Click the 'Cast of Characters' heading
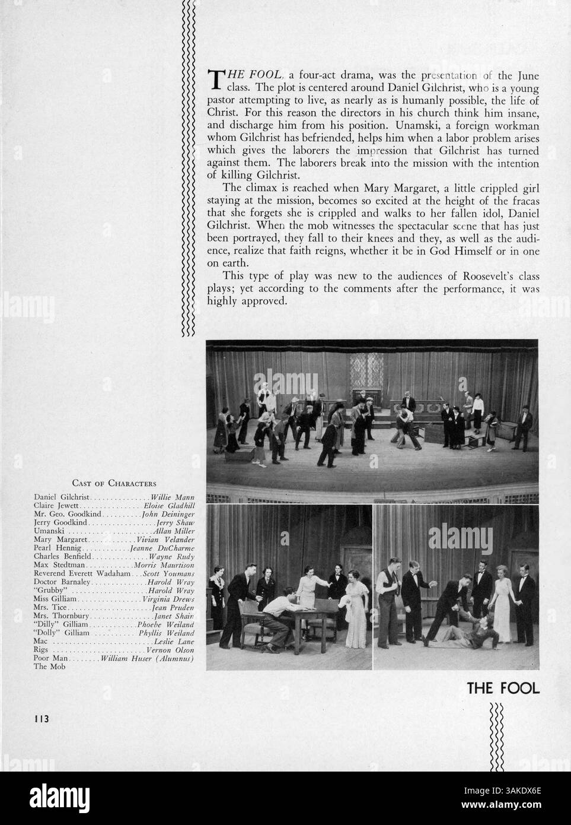pyautogui.click(x=114, y=483)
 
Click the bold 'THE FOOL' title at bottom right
pyautogui.click(x=503, y=688)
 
